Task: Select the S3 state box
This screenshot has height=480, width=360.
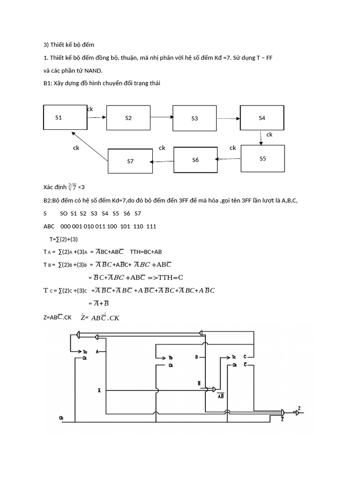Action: (x=195, y=118)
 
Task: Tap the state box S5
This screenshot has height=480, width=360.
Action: (x=262, y=158)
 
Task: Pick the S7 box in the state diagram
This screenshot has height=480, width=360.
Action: (x=130, y=161)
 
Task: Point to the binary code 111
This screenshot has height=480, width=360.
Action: (x=151, y=226)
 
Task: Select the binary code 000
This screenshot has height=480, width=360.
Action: (x=66, y=226)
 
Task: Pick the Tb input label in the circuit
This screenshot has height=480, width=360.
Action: (x=171, y=358)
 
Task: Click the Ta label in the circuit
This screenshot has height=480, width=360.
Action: (x=85, y=351)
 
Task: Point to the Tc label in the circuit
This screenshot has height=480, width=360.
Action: (x=233, y=357)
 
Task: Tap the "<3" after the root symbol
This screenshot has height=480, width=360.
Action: (x=81, y=187)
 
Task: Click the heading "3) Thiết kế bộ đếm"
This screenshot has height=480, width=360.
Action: (x=69, y=45)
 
